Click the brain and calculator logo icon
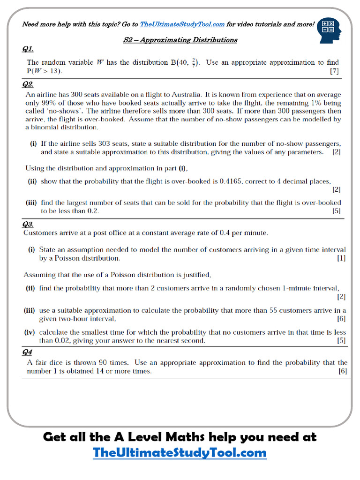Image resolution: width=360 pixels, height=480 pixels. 330,30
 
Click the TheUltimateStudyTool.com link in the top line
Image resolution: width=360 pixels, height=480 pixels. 182,24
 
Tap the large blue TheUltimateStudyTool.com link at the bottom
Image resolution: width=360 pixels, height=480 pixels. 180,453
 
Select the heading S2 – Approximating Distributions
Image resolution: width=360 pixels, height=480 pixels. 180,40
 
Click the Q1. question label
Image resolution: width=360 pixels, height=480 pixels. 28,49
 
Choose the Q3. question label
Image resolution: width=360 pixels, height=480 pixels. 28,224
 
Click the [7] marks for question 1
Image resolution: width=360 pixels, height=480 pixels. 334,71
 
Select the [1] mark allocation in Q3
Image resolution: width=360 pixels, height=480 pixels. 341,258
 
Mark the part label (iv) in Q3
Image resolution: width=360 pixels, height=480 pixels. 31,332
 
